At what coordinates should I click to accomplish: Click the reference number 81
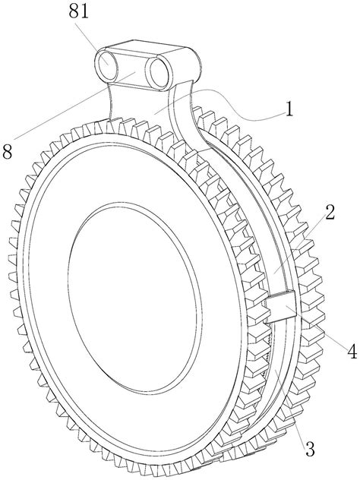(x=79, y=12)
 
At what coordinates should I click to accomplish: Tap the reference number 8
(x=7, y=151)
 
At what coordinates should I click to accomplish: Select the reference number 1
(x=289, y=109)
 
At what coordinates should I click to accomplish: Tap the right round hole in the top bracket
(x=158, y=73)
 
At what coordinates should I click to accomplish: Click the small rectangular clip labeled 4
(x=280, y=306)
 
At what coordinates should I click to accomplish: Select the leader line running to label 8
(x=74, y=105)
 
